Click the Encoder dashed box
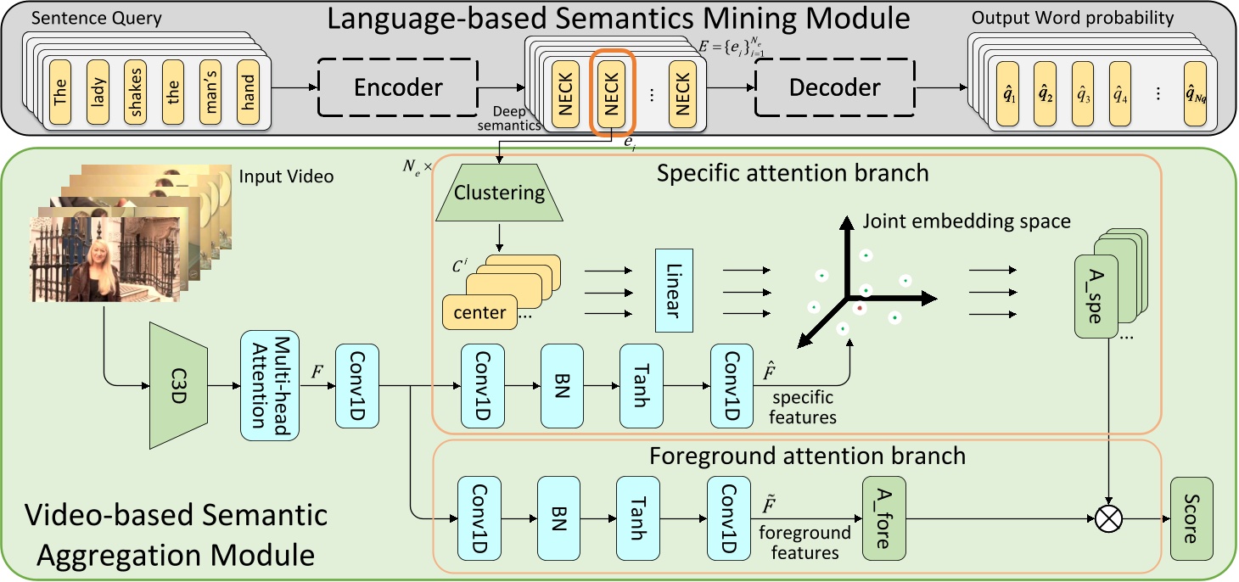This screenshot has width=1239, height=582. click(398, 87)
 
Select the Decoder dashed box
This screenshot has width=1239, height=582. click(834, 87)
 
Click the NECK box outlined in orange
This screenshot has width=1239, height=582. click(613, 92)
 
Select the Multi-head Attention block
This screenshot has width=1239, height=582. click(266, 384)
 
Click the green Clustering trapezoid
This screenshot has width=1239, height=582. click(499, 193)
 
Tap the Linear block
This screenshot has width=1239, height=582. click(674, 290)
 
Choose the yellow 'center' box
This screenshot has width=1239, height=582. click(480, 312)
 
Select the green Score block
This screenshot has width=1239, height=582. click(1191, 517)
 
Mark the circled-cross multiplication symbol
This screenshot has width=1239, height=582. click(1109, 518)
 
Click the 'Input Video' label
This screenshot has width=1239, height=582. click(286, 176)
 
